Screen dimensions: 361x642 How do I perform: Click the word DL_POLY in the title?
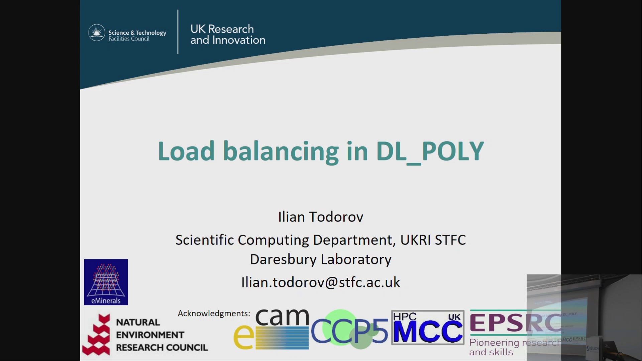click(430, 151)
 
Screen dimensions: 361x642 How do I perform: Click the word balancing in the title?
click(281, 151)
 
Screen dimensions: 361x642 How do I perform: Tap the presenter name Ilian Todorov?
click(320, 217)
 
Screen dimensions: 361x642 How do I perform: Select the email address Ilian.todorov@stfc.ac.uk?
click(320, 282)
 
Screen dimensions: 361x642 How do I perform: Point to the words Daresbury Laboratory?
click(320, 259)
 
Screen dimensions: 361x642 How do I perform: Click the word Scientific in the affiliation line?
click(205, 240)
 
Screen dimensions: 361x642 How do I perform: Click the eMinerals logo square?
click(106, 282)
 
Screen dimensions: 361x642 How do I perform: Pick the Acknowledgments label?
click(214, 313)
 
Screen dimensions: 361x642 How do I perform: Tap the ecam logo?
click(272, 329)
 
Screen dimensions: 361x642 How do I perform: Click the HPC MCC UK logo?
click(428, 328)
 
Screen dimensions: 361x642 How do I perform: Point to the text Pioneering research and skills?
click(498, 347)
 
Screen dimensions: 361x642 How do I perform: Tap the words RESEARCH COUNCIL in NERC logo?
click(162, 348)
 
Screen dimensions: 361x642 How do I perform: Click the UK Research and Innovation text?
click(227, 34)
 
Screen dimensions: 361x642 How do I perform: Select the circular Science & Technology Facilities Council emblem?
click(97, 32)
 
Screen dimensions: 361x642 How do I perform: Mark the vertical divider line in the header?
click(178, 32)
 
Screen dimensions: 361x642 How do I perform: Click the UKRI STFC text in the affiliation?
click(433, 240)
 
